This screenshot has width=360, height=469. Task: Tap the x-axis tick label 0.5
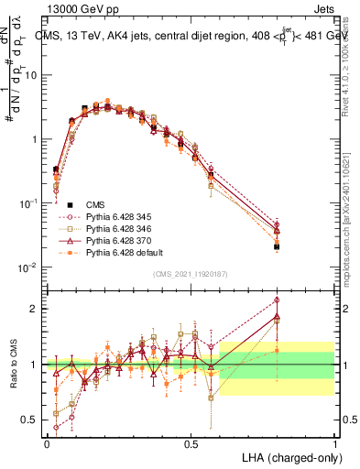[191, 443]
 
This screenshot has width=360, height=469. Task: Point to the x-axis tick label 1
[335, 443]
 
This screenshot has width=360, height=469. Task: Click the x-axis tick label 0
[47, 443]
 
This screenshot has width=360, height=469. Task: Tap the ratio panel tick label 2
[36, 309]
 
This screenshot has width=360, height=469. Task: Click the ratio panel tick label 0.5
[31, 421]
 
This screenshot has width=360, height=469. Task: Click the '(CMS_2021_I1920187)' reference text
[191, 274]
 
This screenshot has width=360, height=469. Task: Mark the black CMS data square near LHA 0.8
[277, 246]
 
